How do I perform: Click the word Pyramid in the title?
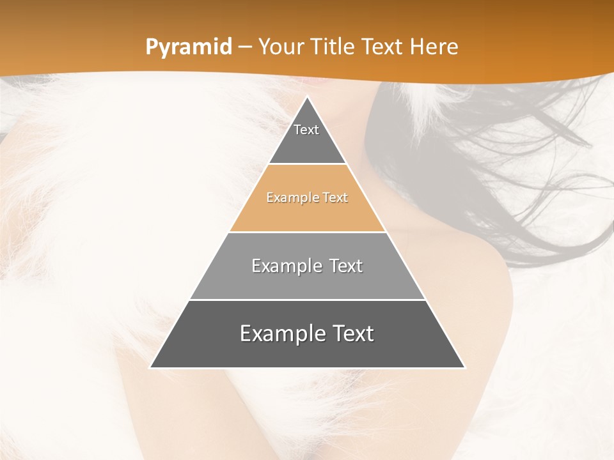coord(188,47)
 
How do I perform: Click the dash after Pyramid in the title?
coord(244,48)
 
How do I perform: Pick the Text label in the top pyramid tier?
coord(306,130)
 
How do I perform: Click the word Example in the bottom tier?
coord(279,333)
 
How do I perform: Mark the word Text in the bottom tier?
coord(350,333)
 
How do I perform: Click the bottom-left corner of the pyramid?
coord(151,367)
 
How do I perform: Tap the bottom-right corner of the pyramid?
coord(464,367)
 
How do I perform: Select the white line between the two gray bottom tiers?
coord(307,300)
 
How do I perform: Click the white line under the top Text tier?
coord(307,164)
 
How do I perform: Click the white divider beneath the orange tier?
coord(307,232)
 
